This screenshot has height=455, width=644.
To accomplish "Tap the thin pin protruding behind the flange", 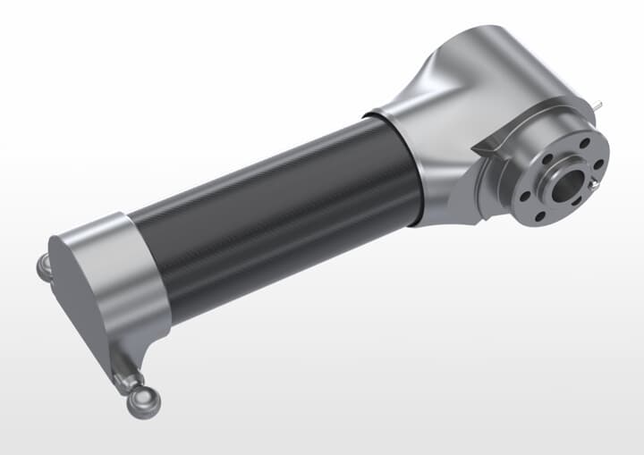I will click(597, 106).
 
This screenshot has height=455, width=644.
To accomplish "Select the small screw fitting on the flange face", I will click(594, 185).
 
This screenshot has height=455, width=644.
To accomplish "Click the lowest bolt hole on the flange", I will click(540, 215).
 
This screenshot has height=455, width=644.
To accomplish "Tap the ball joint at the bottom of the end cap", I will click(142, 401).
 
